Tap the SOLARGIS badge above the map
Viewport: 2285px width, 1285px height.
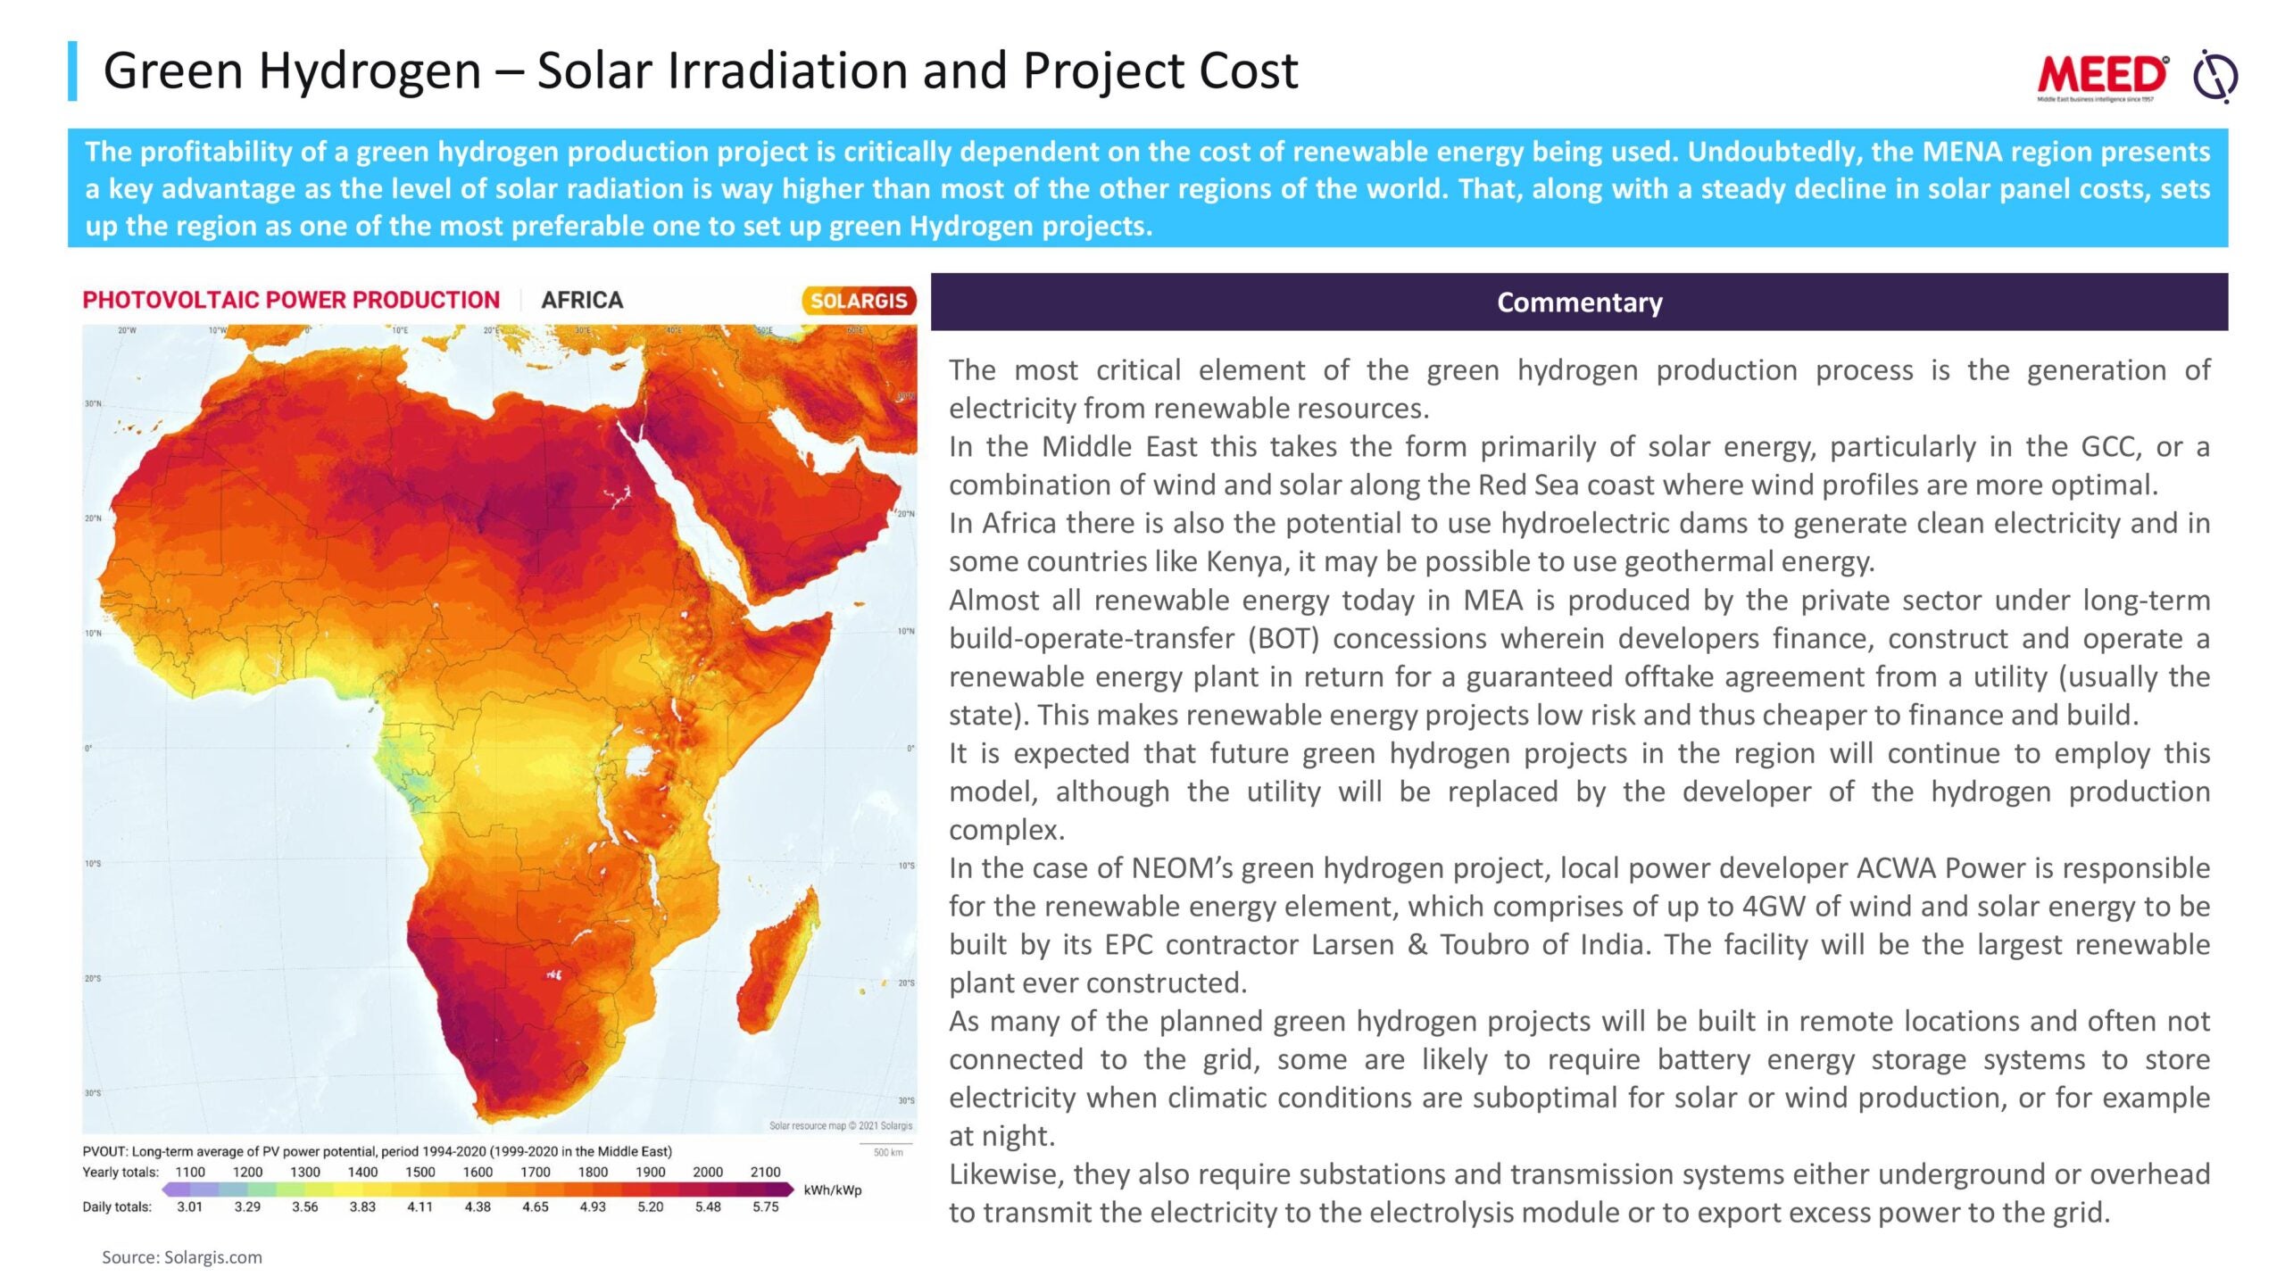[x=858, y=301]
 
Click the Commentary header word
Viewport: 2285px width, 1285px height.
[x=1579, y=303]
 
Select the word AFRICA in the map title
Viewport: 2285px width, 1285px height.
[x=582, y=300]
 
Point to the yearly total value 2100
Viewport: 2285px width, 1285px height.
[x=765, y=1172]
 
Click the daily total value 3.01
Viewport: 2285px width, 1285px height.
[x=189, y=1206]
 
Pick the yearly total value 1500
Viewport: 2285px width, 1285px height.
[x=420, y=1172]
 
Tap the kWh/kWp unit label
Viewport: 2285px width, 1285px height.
[x=832, y=1190]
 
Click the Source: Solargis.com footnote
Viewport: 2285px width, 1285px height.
[x=181, y=1257]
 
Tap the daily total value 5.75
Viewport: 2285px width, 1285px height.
[x=765, y=1206]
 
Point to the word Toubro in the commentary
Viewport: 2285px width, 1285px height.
[x=1484, y=945]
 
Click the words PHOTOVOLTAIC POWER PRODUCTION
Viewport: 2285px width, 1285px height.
[x=291, y=300]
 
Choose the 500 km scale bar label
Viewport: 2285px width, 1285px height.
[x=887, y=1152]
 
